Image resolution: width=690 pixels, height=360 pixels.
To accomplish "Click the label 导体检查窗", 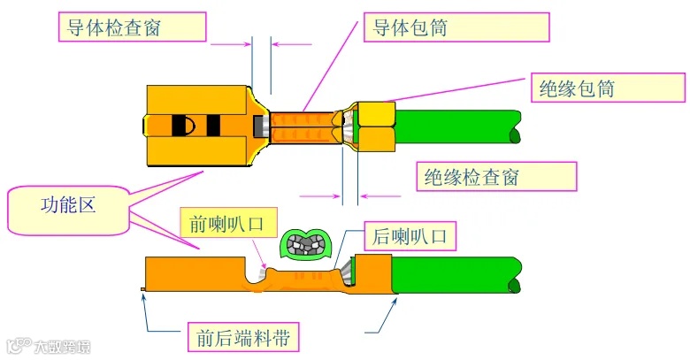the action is tap(133, 27).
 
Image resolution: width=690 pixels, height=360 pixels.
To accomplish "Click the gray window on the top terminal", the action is tap(260, 127).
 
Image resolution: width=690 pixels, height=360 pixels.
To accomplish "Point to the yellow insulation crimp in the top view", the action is tap(376, 126).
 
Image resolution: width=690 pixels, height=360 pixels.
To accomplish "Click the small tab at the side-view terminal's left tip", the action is tap(142, 289).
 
